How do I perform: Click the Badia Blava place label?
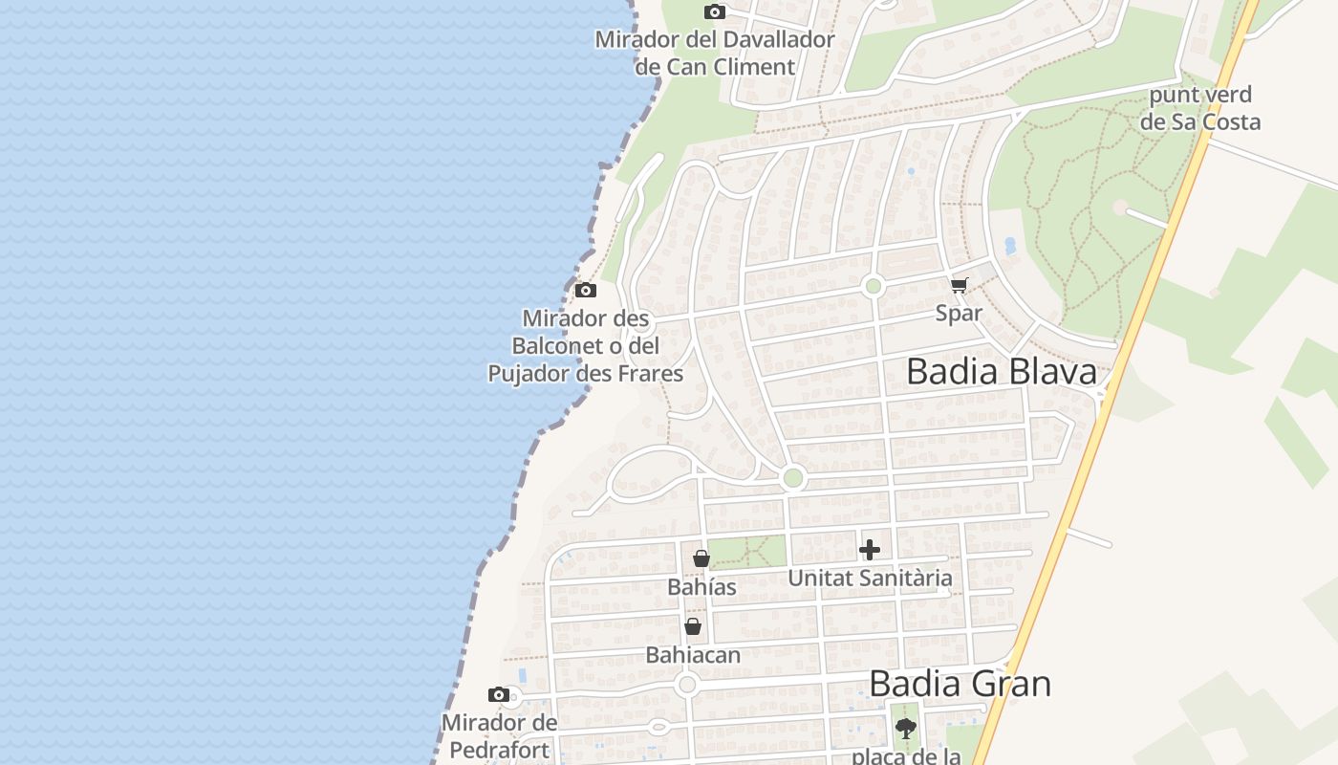(x=1002, y=372)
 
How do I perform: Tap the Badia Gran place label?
(x=960, y=684)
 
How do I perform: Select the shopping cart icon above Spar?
(x=960, y=285)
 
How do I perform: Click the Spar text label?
(x=959, y=313)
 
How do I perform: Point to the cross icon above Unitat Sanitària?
(x=869, y=550)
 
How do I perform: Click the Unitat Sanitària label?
(x=870, y=578)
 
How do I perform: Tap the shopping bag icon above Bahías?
(x=701, y=558)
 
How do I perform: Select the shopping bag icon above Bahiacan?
(x=693, y=626)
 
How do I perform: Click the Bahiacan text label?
(x=693, y=655)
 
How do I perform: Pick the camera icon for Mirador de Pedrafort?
(x=498, y=695)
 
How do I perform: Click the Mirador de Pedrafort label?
(x=499, y=735)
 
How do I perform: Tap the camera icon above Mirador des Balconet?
(x=586, y=290)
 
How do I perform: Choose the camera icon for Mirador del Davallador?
(x=714, y=12)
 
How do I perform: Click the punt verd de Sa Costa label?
(x=1200, y=108)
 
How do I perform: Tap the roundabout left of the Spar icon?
(x=873, y=286)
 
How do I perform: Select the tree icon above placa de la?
(x=905, y=729)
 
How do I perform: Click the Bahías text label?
(x=701, y=587)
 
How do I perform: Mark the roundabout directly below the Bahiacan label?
(x=686, y=685)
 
